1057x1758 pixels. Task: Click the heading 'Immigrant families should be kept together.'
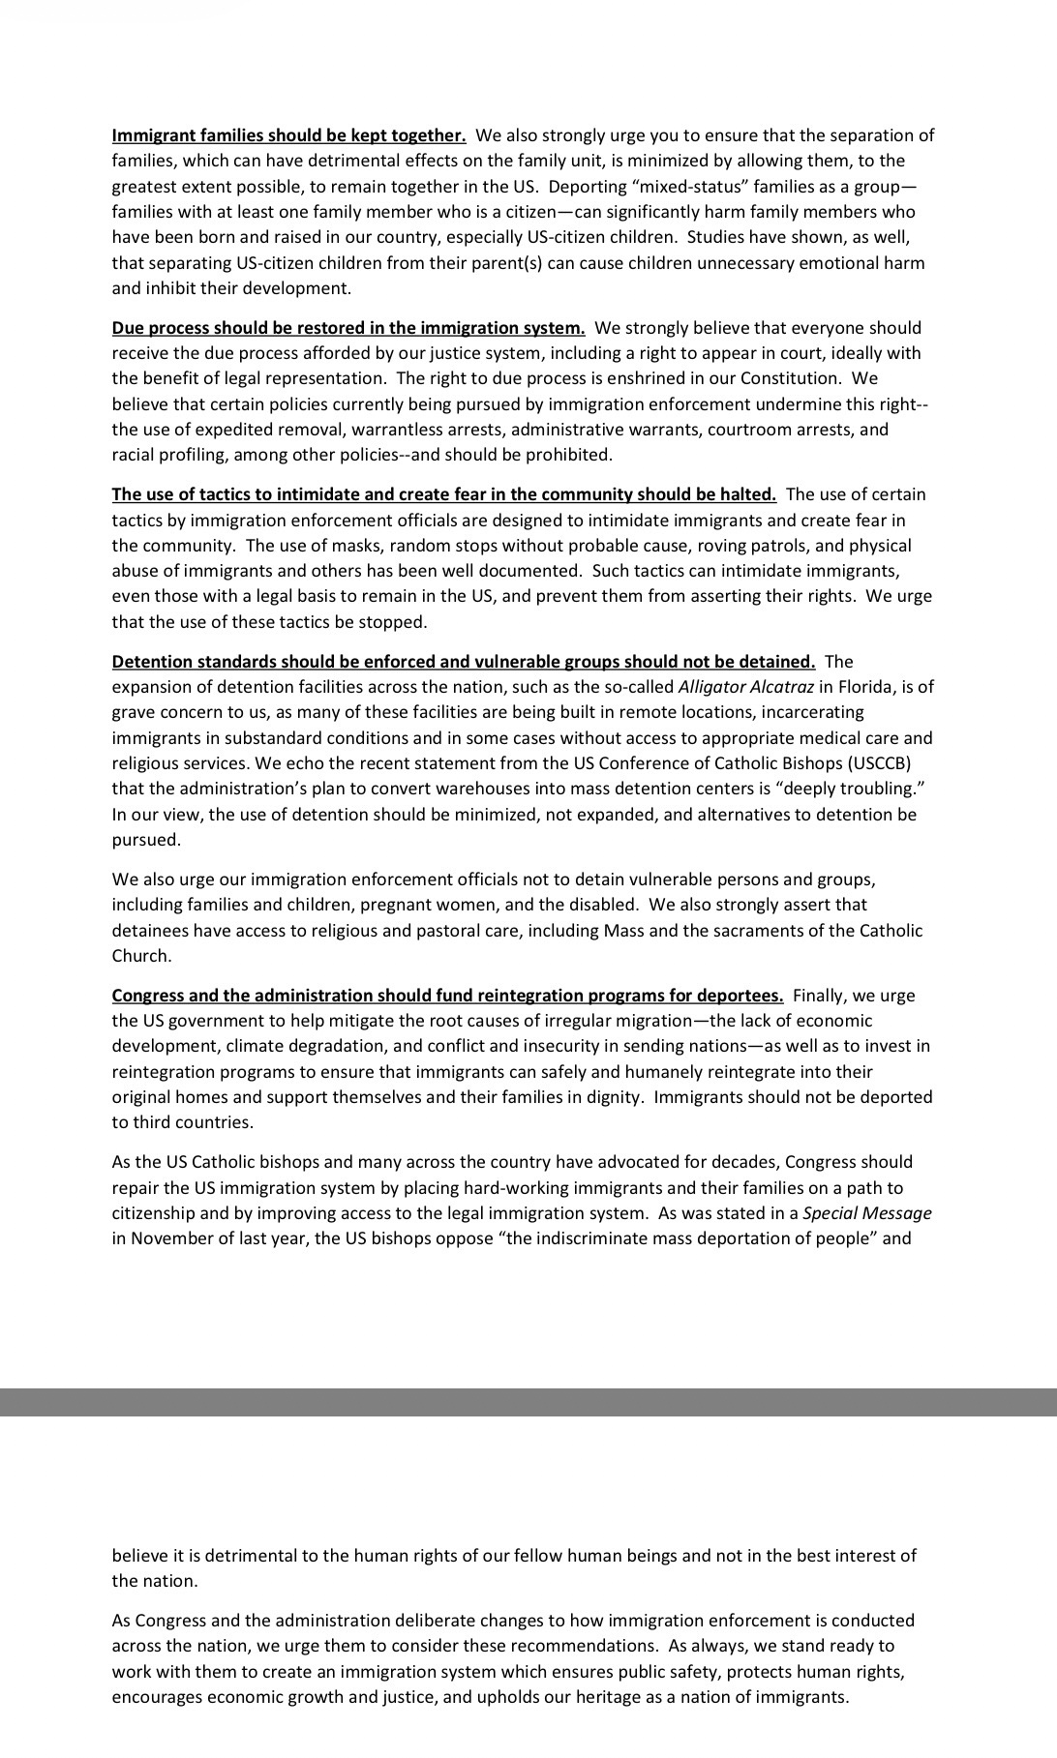tap(288, 135)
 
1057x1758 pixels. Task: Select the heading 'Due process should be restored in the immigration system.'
tap(347, 328)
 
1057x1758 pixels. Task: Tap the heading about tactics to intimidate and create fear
tap(443, 494)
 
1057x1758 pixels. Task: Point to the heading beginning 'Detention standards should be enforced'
tap(463, 662)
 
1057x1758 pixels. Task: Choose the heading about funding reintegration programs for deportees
tap(447, 996)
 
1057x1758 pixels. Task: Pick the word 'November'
tap(165, 1238)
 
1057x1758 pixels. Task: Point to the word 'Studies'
tap(714, 237)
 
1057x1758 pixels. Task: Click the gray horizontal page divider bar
tap(528, 1402)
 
